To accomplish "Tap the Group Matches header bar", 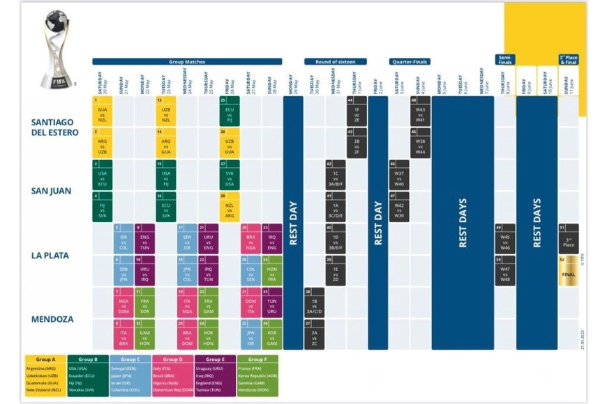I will point(187,61).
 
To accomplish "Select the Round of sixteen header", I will point(336,61).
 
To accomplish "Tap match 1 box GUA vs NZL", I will point(103,110).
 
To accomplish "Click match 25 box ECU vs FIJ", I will point(230,110).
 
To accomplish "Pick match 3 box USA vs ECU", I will point(103,174).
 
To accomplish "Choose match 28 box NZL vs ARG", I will point(230,207).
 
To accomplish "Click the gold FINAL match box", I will point(568,271).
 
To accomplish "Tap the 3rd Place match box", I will point(568,238).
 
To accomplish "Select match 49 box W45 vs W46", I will point(505,238).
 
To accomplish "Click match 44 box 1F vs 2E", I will point(357,110).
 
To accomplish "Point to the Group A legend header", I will point(45,359).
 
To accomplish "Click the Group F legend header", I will point(256,359).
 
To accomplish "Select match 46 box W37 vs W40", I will point(399,174).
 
